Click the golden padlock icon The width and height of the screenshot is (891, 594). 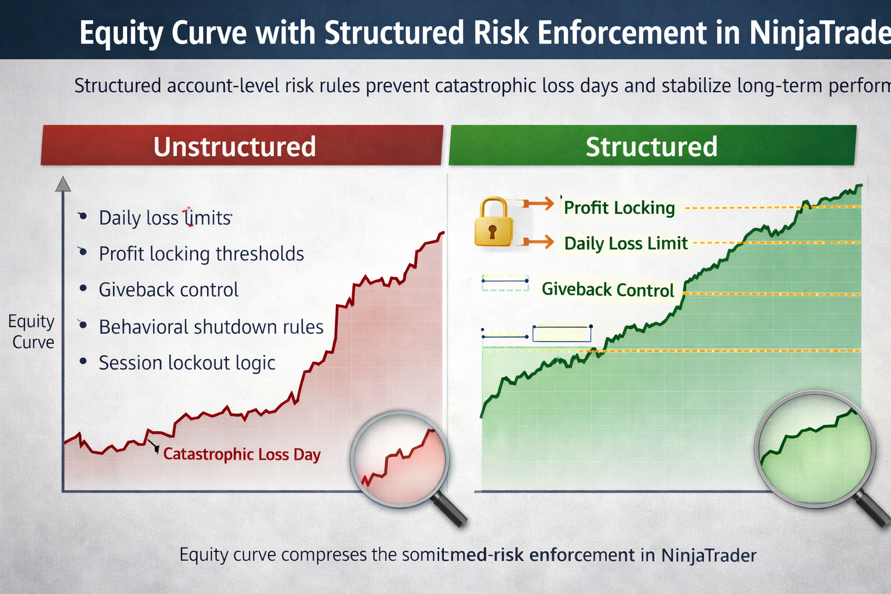(x=493, y=222)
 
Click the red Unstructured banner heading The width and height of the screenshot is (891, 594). (x=235, y=146)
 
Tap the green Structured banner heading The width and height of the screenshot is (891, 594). (x=651, y=146)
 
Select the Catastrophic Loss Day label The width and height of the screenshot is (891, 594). (x=241, y=454)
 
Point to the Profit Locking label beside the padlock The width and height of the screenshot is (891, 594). (x=619, y=208)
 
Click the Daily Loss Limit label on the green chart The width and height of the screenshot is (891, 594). (x=626, y=243)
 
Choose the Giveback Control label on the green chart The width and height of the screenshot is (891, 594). (x=607, y=289)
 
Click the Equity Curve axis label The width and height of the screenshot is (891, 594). (x=32, y=331)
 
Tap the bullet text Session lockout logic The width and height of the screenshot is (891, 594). (x=187, y=363)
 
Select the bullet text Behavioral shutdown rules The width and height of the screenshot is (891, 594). (x=211, y=327)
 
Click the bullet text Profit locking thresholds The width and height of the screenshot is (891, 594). (x=201, y=253)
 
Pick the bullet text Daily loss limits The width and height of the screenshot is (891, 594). (x=165, y=218)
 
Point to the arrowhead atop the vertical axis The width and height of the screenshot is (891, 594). (x=63, y=184)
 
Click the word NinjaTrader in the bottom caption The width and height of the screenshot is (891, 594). (x=708, y=555)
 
